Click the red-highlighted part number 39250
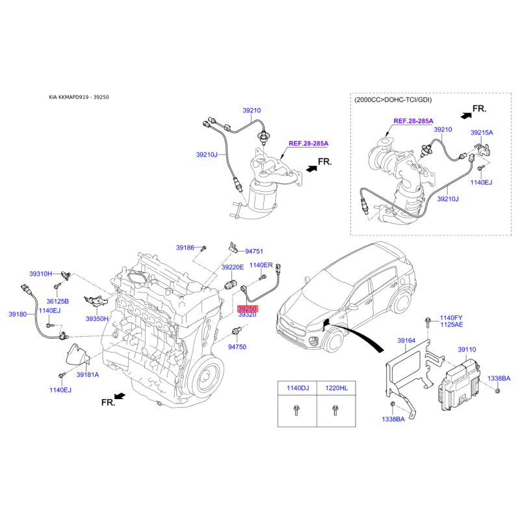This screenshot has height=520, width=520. click(248, 308)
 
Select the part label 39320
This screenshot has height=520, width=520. click(248, 315)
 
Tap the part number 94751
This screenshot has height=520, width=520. click(254, 252)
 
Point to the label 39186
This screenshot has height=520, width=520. click(185, 248)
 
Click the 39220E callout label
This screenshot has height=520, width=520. click(233, 267)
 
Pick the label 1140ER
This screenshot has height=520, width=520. click(261, 265)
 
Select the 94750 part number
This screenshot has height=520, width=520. click(237, 347)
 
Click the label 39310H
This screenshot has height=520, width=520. click(40, 274)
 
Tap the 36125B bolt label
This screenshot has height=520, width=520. click(57, 301)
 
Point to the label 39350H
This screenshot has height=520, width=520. click(97, 318)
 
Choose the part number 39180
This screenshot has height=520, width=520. click(18, 314)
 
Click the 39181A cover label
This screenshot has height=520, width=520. click(88, 375)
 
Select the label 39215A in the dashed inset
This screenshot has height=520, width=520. click(482, 133)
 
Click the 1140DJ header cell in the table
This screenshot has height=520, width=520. click(298, 388)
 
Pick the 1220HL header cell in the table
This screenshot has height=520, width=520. click(336, 388)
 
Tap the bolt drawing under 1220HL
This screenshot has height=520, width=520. click(335, 411)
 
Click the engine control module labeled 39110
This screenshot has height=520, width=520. click(460, 385)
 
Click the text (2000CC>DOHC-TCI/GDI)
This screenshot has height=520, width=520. click(393, 100)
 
